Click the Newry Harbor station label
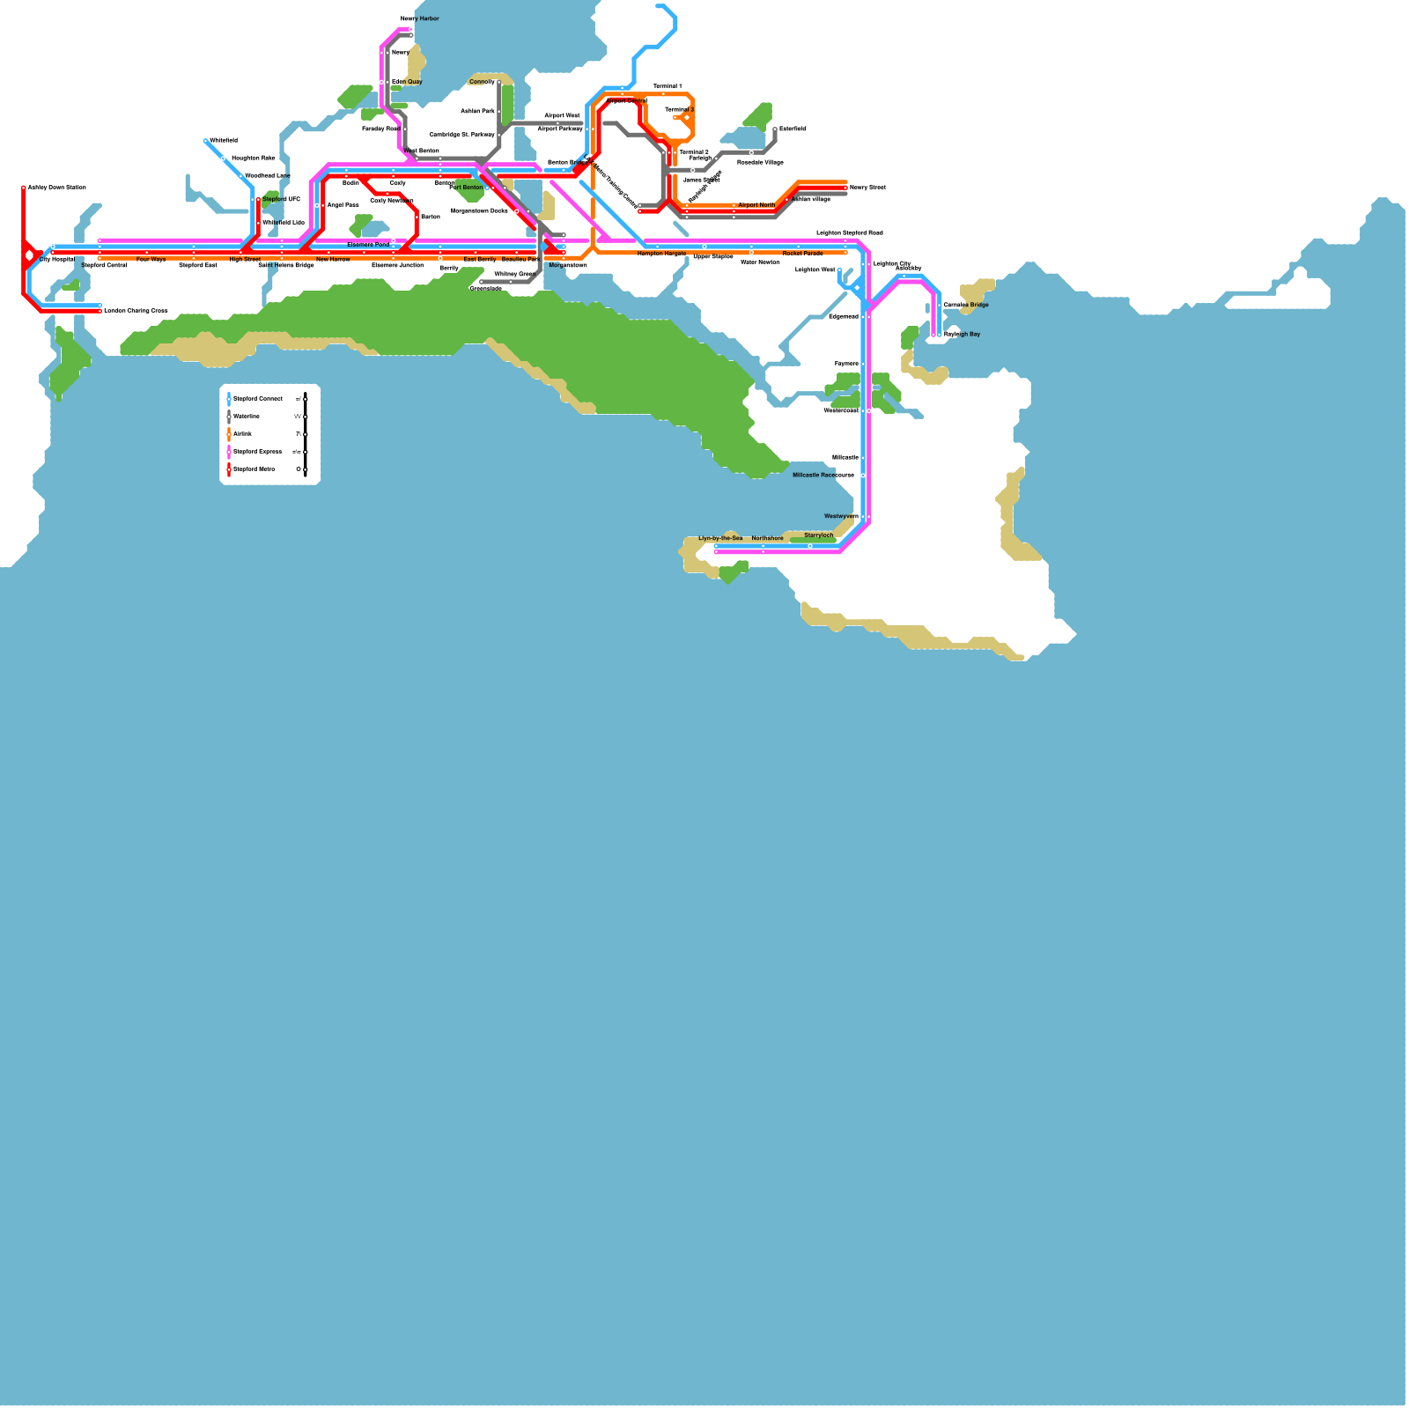click(x=419, y=18)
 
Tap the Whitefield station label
click(x=223, y=141)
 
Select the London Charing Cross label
click(x=136, y=311)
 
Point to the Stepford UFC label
click(x=281, y=200)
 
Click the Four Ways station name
click(x=151, y=260)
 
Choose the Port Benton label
click(x=466, y=188)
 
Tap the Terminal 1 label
click(x=667, y=86)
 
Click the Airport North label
click(x=756, y=205)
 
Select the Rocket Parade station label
click(x=802, y=254)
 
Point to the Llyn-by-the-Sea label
click(x=720, y=538)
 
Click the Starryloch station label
click(x=818, y=535)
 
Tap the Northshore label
click(x=767, y=538)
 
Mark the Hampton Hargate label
click(x=661, y=254)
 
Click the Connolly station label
click(x=482, y=82)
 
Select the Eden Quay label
click(x=407, y=82)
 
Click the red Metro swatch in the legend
click(x=229, y=469)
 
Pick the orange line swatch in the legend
click(x=229, y=434)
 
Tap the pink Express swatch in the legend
click(x=229, y=452)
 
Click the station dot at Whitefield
click(x=205, y=141)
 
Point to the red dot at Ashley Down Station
click(x=24, y=188)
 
